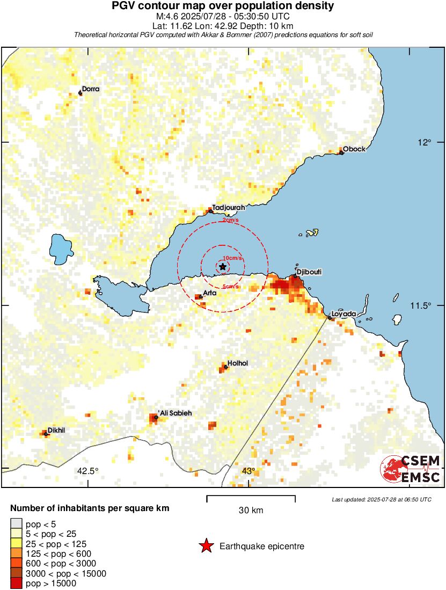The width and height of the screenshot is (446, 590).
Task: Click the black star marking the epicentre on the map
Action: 223,266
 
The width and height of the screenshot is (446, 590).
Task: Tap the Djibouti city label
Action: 309,272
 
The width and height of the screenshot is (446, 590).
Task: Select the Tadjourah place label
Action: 229,207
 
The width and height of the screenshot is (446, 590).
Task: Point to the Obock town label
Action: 354,149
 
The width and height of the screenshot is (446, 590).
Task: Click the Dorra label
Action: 91,89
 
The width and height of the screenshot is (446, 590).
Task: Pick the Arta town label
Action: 210,293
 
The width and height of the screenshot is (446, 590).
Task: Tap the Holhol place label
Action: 238,363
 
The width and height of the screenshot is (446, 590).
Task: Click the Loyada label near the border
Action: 343,314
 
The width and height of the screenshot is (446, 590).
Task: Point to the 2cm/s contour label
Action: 231,220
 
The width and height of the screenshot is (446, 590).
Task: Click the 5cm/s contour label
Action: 231,287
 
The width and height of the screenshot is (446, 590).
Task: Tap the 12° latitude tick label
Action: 425,142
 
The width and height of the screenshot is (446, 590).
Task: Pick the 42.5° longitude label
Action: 88,471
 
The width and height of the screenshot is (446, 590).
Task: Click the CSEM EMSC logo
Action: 411,469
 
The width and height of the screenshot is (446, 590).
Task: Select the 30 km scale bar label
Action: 251,510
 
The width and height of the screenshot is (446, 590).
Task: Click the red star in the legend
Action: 206,547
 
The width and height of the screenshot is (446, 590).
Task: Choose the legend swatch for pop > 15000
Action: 17,583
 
